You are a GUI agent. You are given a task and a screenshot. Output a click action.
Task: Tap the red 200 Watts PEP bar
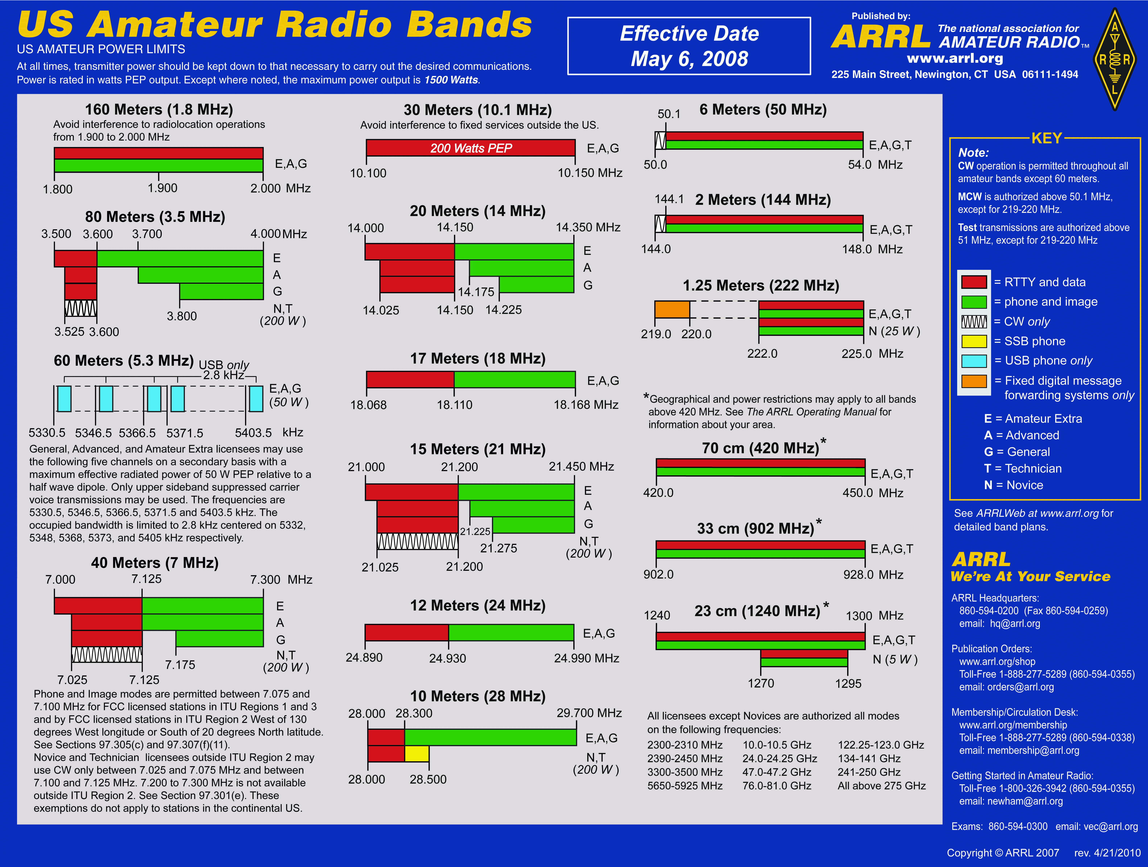471,148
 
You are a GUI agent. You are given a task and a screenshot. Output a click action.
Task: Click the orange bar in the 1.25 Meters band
672,309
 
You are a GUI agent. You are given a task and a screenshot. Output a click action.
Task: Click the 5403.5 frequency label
253,433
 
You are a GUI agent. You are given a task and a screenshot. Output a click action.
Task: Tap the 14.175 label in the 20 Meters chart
476,292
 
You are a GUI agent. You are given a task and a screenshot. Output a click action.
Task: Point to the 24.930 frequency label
447,658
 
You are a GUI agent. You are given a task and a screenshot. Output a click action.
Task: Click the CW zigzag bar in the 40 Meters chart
106,655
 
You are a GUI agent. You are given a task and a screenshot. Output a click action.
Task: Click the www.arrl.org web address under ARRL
955,58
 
